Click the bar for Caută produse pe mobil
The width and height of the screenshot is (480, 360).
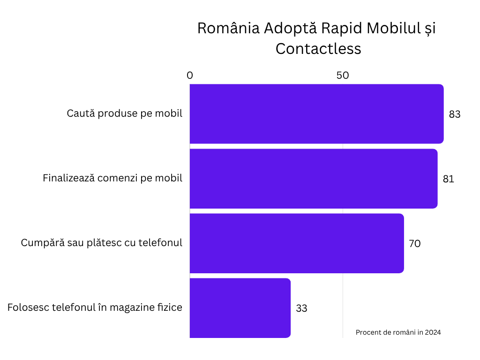click(316, 114)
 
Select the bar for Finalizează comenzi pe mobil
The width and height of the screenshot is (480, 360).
click(314, 179)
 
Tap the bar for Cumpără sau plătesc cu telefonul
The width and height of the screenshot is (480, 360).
click(297, 243)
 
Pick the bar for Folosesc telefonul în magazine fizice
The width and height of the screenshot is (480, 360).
click(240, 308)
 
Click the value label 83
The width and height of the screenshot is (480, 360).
click(455, 114)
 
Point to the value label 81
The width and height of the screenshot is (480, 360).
click(449, 179)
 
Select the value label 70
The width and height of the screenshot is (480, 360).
click(414, 244)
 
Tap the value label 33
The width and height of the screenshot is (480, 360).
click(301, 308)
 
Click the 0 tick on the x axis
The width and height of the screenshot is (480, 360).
click(190, 75)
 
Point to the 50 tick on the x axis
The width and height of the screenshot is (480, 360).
click(343, 75)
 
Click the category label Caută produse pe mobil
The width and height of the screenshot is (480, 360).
click(124, 114)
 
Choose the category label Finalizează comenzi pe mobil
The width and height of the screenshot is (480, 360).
click(112, 179)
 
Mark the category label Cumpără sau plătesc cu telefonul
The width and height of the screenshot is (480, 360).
click(102, 243)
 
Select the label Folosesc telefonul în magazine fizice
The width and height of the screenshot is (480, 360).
click(95, 308)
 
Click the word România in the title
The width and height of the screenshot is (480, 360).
click(228, 28)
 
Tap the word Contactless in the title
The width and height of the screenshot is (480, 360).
click(318, 49)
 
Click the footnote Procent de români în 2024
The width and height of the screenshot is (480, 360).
click(398, 332)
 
